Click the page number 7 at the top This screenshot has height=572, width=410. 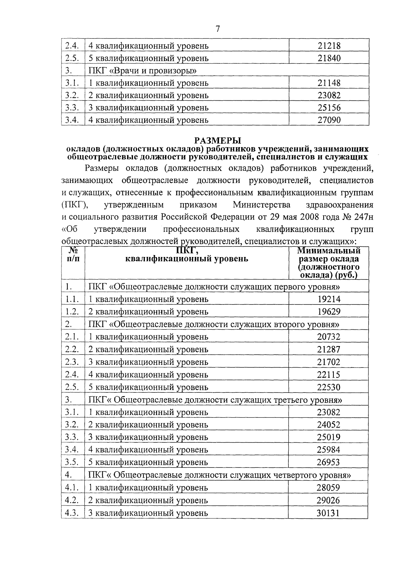[x=217, y=29]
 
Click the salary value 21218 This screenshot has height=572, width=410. [x=329, y=46]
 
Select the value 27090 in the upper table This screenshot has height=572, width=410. [x=329, y=120]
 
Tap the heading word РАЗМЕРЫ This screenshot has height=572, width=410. [x=218, y=140]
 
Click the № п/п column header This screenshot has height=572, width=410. [x=73, y=255]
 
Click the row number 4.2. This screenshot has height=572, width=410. [x=72, y=500]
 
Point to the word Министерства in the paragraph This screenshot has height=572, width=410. [x=262, y=205]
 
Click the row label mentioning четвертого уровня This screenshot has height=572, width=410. [x=220, y=475]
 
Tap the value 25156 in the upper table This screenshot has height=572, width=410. [x=329, y=108]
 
